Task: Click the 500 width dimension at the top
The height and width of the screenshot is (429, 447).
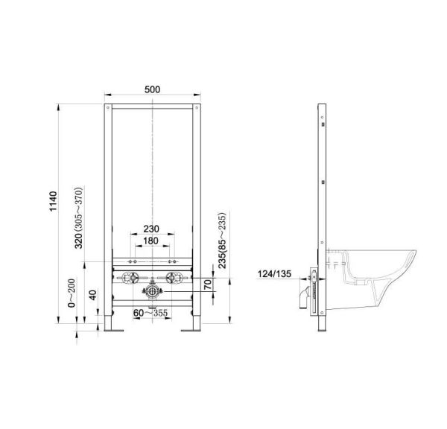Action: pos(152,89)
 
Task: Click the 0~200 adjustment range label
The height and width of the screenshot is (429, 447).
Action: pos(71,293)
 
